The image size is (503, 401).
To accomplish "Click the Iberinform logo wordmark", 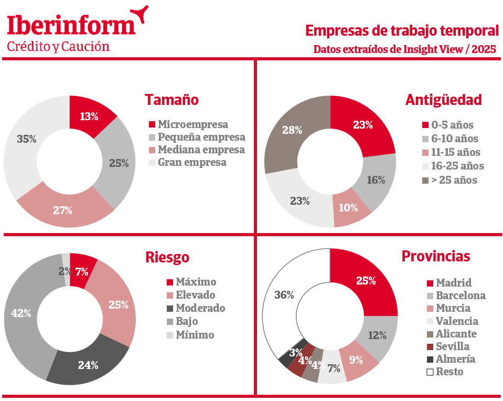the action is (71, 25).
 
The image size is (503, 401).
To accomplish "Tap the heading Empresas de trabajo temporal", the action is (402, 31).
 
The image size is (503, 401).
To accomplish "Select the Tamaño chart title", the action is (172, 100).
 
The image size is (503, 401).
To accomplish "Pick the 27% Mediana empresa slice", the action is (64, 209).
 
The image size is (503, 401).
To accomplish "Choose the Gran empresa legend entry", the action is (188, 162).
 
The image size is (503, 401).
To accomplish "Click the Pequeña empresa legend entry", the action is (197, 137).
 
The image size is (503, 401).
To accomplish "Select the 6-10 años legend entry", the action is (450, 139).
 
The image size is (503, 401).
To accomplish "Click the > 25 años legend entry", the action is (450, 180).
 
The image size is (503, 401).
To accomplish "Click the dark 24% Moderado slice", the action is (88, 364).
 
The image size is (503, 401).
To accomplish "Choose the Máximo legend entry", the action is (191, 282).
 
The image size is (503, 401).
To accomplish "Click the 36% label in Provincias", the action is (284, 295).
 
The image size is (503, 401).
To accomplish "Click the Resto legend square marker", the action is (430, 372).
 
